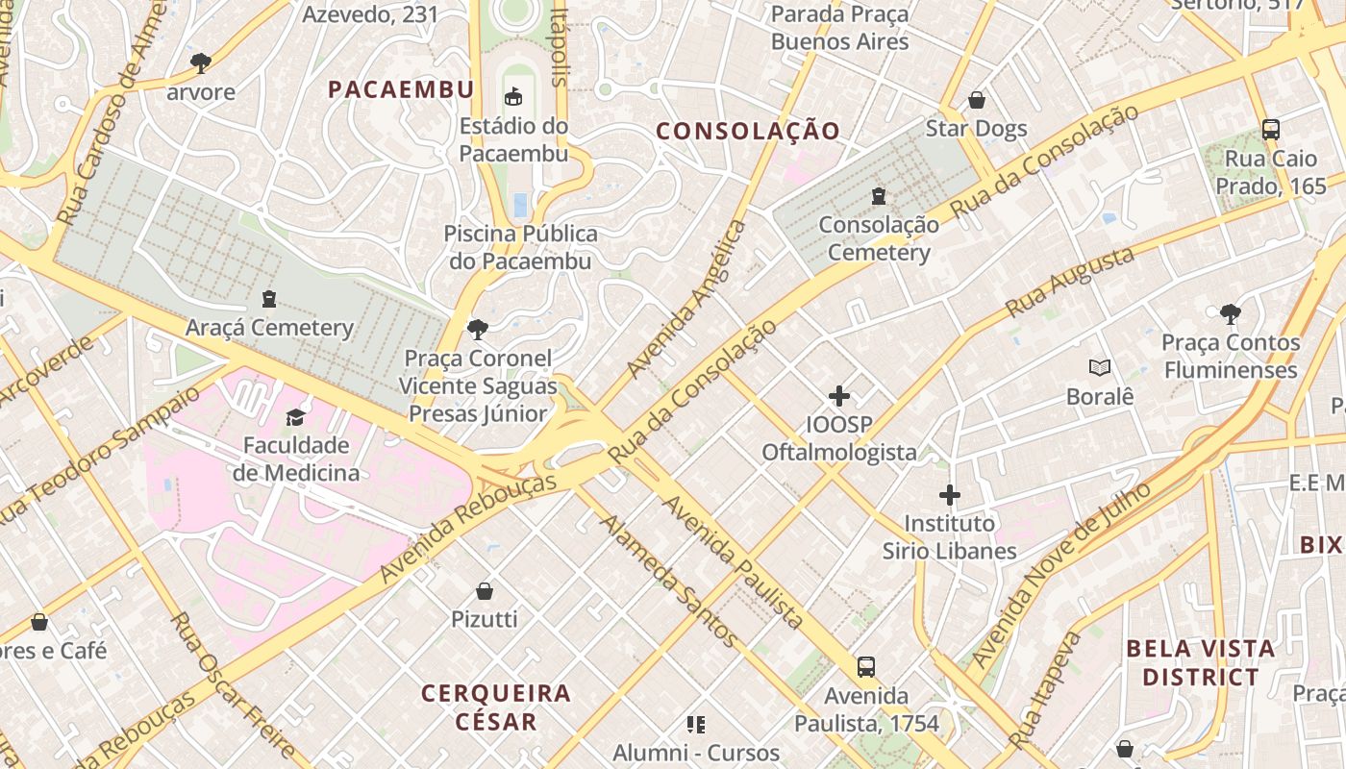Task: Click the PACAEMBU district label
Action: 401,89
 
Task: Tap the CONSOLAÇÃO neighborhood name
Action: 748,131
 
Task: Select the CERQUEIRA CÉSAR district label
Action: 496,707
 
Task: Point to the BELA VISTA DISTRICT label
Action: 1200,662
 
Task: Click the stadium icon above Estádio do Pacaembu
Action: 513,97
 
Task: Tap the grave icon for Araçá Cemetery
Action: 269,299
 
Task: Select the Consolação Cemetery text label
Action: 879,238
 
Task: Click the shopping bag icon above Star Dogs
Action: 976,100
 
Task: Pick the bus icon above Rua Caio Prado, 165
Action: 1270,130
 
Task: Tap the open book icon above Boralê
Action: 1100,367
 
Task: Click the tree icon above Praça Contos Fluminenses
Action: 1230,313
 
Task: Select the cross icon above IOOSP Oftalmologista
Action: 839,395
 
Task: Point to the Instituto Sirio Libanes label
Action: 950,537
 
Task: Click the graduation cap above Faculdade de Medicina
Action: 295,417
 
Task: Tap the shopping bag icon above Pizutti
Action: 485,590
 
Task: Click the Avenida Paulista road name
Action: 733,562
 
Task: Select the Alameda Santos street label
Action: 669,580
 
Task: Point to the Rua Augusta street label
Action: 1069,283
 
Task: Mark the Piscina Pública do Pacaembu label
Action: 520,247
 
